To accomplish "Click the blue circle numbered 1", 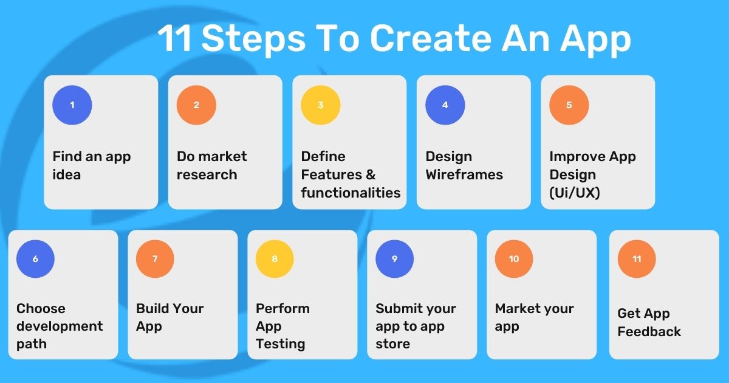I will pos(72,105).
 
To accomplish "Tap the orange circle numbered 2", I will pos(196,105).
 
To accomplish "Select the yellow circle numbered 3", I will pos(321,105).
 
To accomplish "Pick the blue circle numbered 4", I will pos(445,105).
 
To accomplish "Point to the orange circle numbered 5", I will pos(569,105).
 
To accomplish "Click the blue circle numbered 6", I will pos(35,259).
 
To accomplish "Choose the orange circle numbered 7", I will pos(155,259).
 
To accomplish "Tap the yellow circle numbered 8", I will pos(275,259).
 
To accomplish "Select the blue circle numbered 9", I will pos(394,259).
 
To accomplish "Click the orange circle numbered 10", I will pos(514,259).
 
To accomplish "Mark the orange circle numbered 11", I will pos(637,259).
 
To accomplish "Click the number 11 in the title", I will pos(175,40).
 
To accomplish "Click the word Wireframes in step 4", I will pos(464,175).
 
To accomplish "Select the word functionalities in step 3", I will pos(351,193).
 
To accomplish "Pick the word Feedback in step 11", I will pos(649,332).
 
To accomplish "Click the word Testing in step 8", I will pos(280,344).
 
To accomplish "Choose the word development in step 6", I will pos(60,326).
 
